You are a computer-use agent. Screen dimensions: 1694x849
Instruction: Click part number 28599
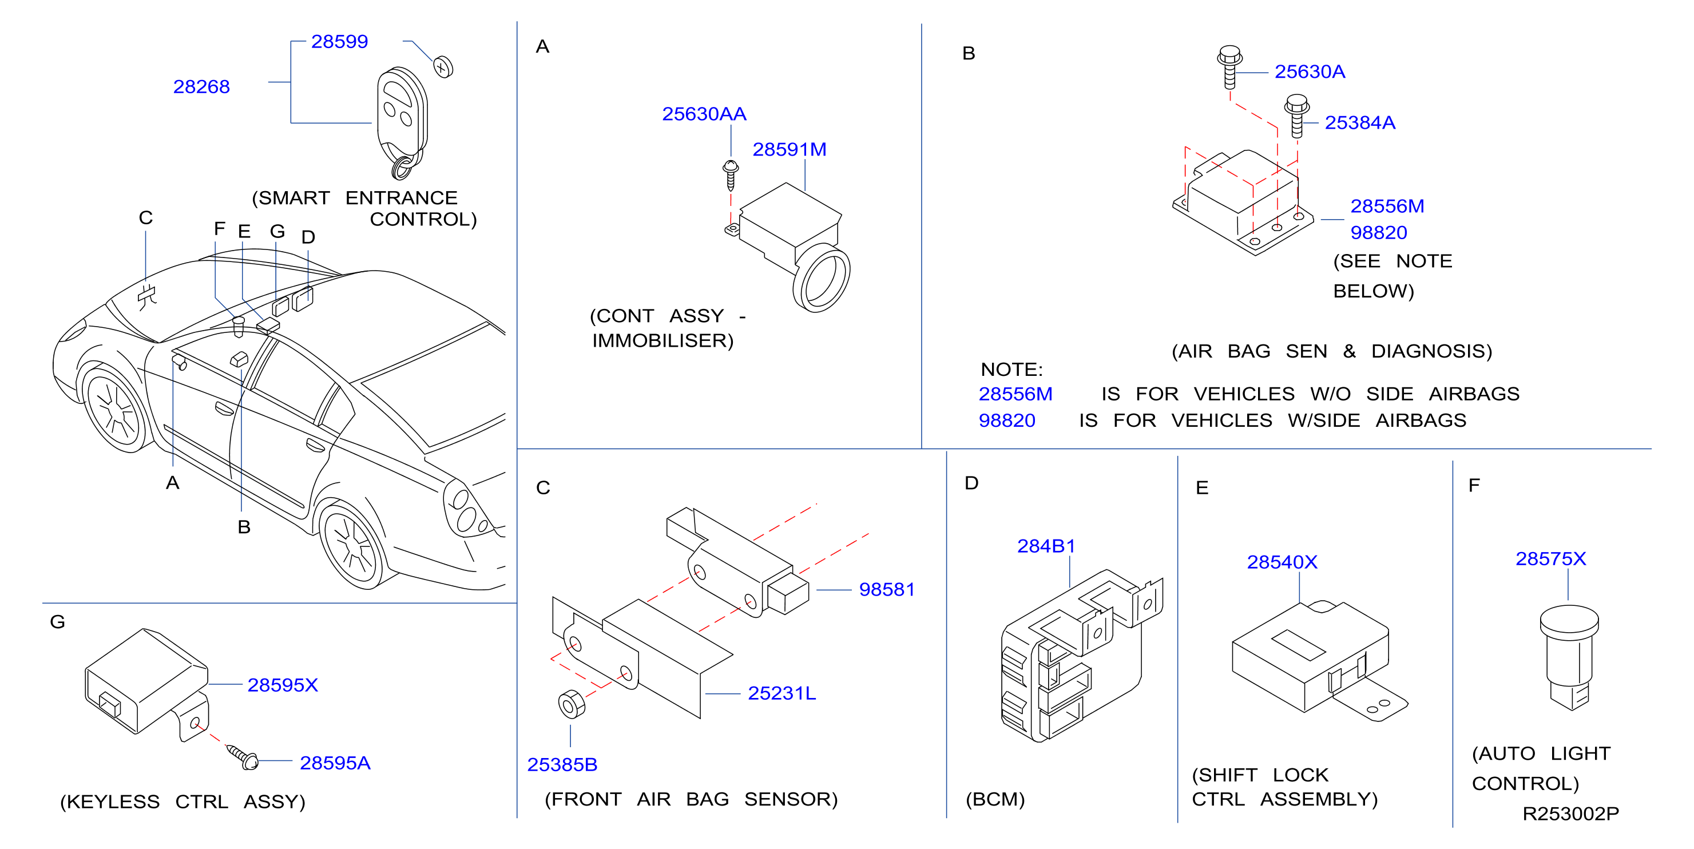tap(339, 41)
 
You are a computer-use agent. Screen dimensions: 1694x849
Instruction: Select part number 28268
tap(201, 87)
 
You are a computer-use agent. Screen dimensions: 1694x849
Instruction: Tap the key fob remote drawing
tap(402, 122)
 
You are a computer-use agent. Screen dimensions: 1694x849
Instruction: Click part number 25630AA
tap(704, 114)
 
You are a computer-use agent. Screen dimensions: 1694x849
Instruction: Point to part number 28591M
tap(789, 149)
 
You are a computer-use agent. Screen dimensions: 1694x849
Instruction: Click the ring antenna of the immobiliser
tap(822, 278)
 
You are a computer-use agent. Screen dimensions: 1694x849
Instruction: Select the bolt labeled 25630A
tap(1229, 66)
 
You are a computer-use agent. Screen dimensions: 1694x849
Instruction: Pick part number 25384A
tap(1360, 122)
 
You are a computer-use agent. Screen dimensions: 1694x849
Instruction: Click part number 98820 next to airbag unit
tap(1378, 232)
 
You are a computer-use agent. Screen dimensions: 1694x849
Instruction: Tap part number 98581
tap(886, 589)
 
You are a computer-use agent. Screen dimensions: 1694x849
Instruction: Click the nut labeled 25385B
tap(572, 704)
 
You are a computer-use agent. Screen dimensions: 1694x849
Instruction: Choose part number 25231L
tap(782, 693)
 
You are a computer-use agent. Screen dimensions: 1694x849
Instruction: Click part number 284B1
tap(1046, 546)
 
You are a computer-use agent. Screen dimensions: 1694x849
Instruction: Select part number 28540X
tap(1282, 562)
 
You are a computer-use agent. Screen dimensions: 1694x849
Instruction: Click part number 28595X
tap(282, 685)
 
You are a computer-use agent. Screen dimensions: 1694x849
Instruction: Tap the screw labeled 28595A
tap(242, 756)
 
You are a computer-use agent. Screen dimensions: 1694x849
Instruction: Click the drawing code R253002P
tap(1570, 814)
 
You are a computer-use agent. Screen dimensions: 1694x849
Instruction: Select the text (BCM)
tap(995, 800)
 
